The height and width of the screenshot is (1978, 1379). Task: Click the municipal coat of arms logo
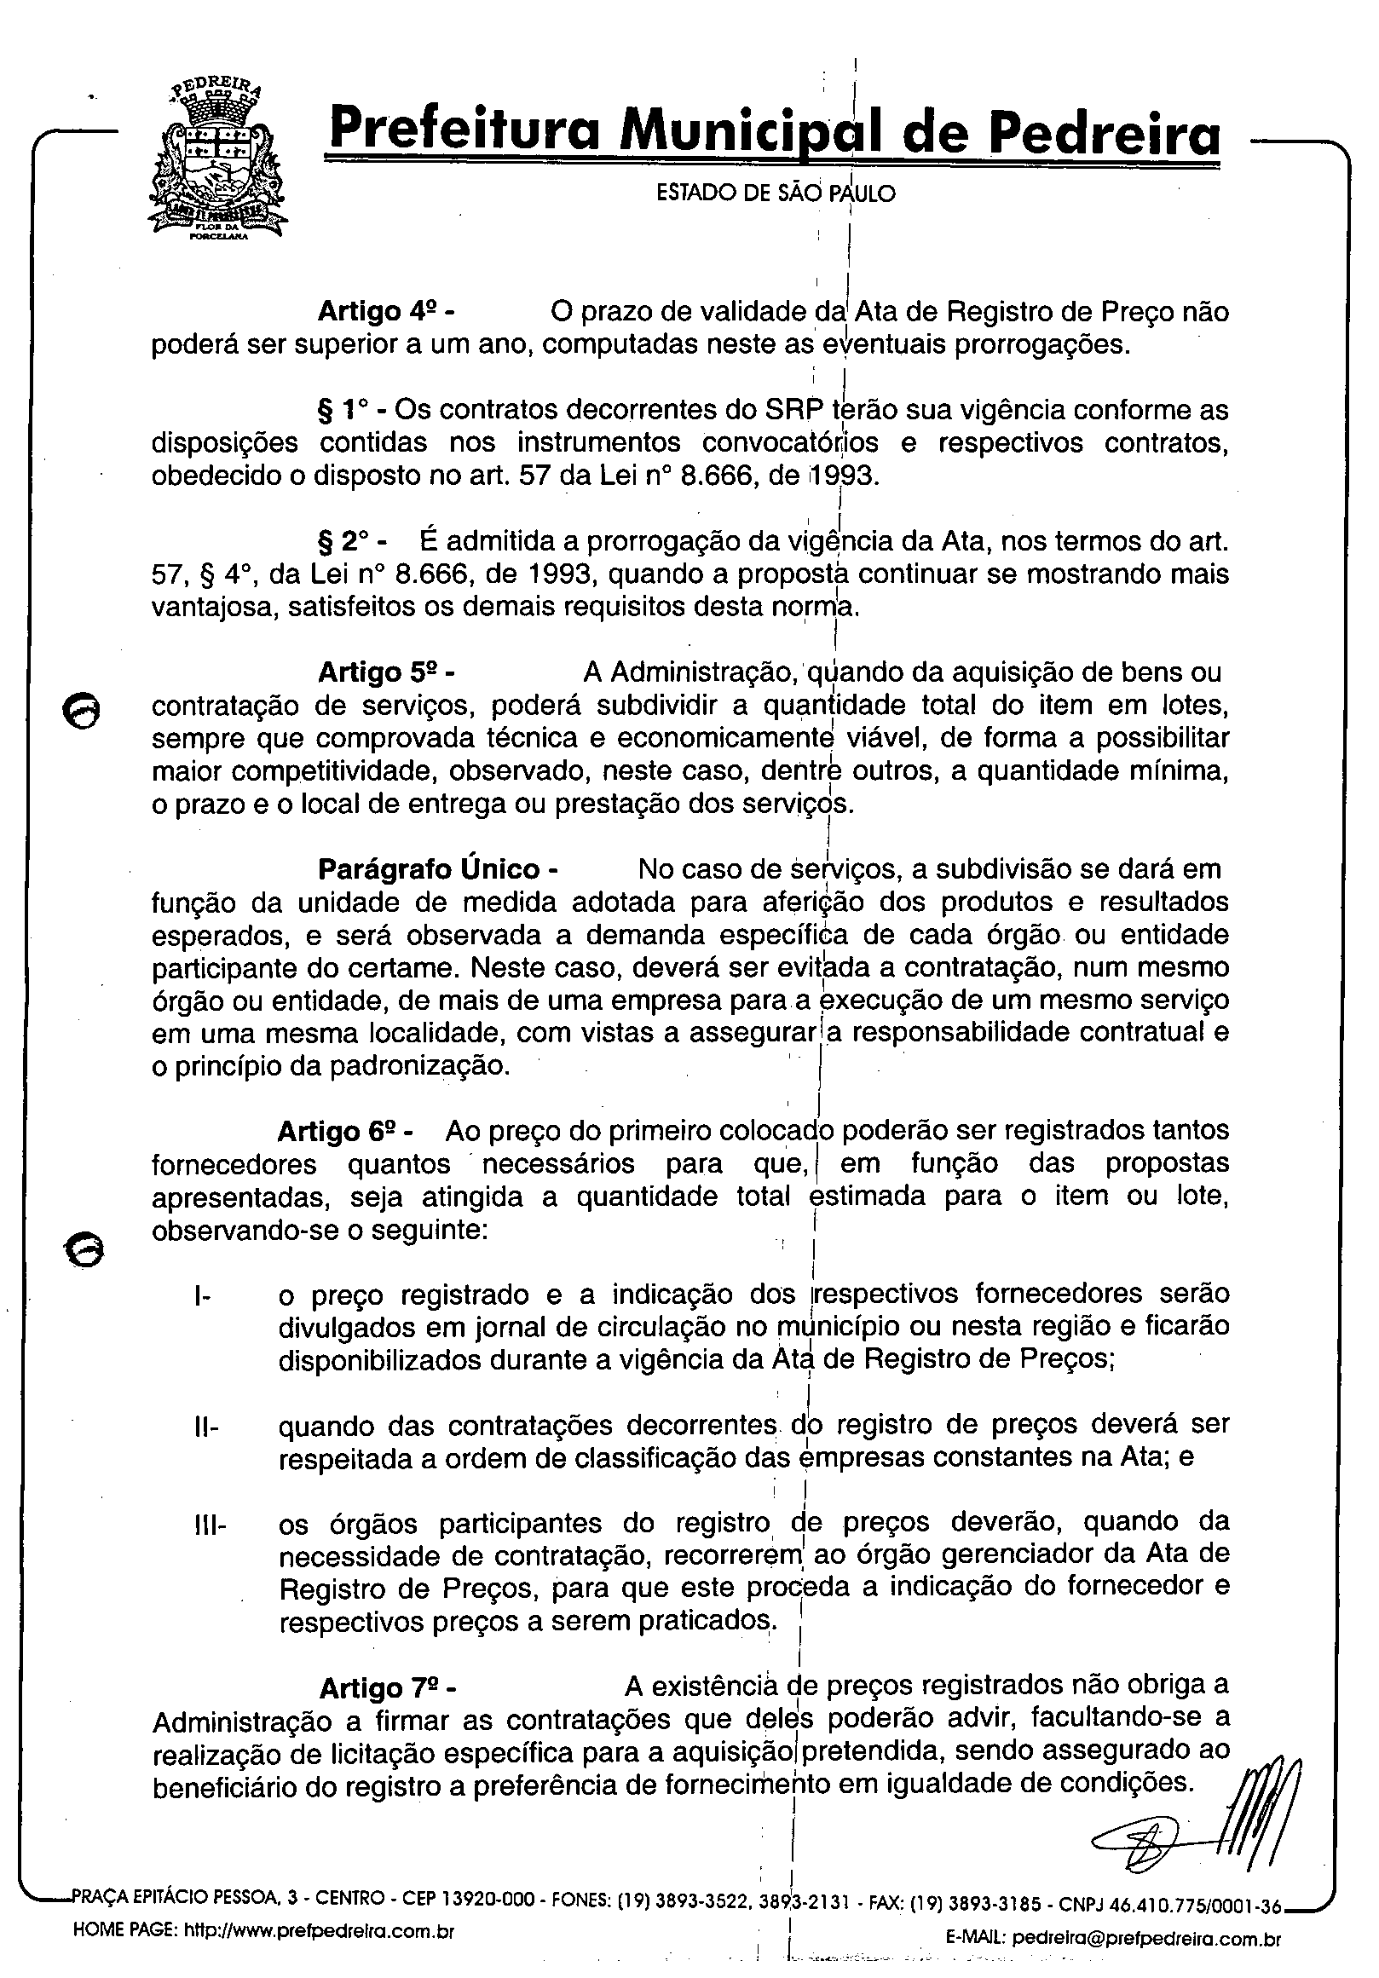tap(218, 162)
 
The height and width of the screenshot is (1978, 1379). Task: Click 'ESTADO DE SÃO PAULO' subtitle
tap(776, 193)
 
